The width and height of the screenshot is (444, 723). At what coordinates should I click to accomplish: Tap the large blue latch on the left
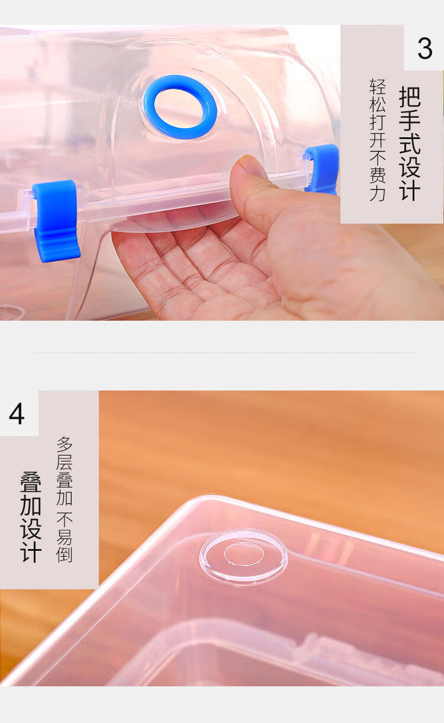pyautogui.click(x=56, y=221)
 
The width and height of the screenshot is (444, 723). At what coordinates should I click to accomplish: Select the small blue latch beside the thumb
pyautogui.click(x=322, y=169)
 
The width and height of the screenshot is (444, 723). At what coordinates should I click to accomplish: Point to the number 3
pyautogui.click(x=424, y=49)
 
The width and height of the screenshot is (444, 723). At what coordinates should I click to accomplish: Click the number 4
pyautogui.click(x=17, y=414)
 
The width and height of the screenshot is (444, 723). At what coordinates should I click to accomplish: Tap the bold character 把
pyautogui.click(x=410, y=96)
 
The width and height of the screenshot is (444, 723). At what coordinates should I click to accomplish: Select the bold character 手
pyautogui.click(x=410, y=120)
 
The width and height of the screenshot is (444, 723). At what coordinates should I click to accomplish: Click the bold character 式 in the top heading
pyautogui.click(x=410, y=143)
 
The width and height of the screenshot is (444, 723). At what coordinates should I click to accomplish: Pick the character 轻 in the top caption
pyautogui.click(x=378, y=86)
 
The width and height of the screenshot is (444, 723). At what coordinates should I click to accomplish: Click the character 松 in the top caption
pyautogui.click(x=378, y=104)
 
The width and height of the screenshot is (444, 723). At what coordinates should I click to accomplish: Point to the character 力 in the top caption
pyautogui.click(x=378, y=193)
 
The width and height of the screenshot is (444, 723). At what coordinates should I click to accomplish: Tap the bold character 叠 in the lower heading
pyautogui.click(x=31, y=482)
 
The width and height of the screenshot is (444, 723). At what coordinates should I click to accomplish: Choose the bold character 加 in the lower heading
pyautogui.click(x=31, y=506)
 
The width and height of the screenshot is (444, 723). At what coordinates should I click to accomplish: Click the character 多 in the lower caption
pyautogui.click(x=65, y=444)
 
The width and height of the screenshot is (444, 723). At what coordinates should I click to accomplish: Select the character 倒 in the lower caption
pyautogui.click(x=65, y=554)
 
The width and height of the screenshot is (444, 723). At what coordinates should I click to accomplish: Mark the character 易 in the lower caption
pyautogui.click(x=65, y=536)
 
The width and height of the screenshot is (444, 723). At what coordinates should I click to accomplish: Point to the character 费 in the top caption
pyautogui.click(x=378, y=176)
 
